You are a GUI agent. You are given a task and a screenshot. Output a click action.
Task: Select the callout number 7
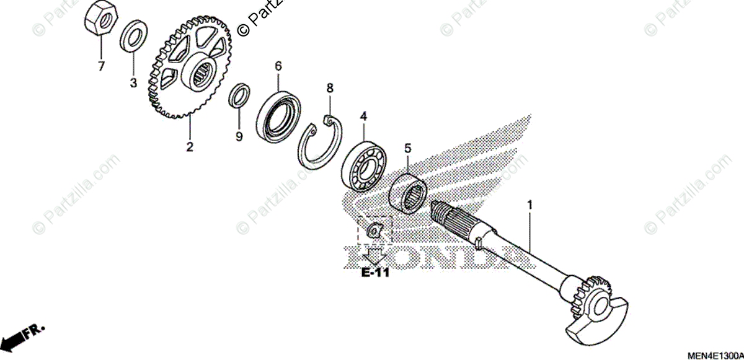tap(100, 66)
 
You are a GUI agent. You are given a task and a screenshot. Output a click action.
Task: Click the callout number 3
tap(133, 84)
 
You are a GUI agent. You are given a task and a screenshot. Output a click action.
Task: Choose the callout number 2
tap(190, 147)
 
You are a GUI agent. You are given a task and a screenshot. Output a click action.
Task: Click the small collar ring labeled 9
tap(240, 95)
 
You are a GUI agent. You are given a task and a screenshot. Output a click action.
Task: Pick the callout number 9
tap(239, 136)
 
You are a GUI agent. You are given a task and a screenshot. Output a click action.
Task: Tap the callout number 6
tap(278, 65)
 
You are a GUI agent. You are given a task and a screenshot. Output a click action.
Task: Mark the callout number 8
tap(330, 89)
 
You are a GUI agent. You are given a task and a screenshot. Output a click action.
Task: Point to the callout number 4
tap(364, 116)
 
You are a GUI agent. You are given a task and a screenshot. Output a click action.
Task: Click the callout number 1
tap(529, 204)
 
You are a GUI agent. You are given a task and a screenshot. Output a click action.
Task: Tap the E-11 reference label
tap(375, 273)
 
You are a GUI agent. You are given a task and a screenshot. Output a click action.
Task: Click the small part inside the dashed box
tap(374, 231)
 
